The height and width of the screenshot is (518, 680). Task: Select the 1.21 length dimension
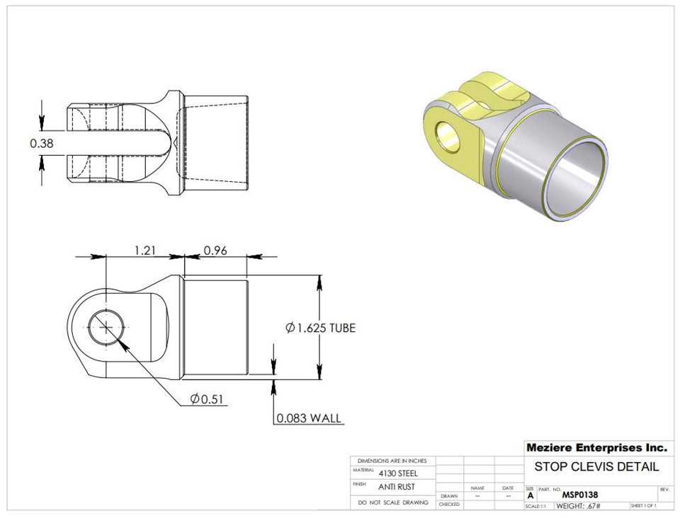pos(144,250)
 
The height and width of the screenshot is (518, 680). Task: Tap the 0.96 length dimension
pos(215,250)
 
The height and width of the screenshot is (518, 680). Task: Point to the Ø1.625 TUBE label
pos(319,328)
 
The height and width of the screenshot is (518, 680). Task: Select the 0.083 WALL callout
pos(310,419)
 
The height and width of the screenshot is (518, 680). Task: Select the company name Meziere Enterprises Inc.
pos(596,448)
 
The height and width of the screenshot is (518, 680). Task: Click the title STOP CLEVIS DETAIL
pos(596,466)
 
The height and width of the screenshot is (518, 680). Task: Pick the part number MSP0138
pos(581,495)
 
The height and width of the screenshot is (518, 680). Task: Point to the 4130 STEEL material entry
pos(398,473)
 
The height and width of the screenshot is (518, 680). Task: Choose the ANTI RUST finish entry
pos(397,487)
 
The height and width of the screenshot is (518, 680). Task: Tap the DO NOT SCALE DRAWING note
pos(393,502)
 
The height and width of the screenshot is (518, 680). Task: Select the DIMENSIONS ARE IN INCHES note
pos(392,461)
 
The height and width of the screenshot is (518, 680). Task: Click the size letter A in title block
pos(530,496)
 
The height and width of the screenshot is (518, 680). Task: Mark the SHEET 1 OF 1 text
pos(643,506)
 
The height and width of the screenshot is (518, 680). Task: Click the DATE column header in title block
pos(508,488)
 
